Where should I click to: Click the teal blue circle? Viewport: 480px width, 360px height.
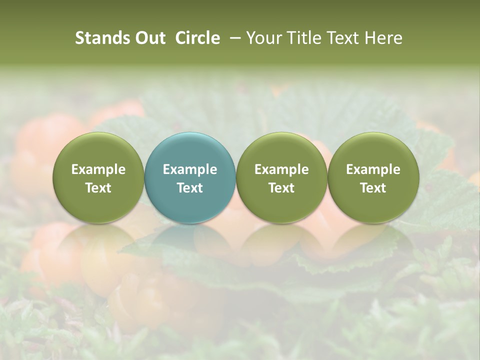tap(190, 177)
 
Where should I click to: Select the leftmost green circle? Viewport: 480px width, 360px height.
tap(98, 177)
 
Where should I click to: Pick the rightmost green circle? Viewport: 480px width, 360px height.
tap(373, 177)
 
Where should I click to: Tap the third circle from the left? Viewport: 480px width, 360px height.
tap(281, 177)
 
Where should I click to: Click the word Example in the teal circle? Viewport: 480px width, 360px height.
tap(190, 169)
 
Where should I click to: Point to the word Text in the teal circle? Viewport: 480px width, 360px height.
tap(190, 188)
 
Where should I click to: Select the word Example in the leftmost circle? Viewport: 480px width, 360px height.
tap(98, 169)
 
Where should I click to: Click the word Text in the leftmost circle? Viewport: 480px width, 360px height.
tap(98, 188)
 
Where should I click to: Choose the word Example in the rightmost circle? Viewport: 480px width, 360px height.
tap(373, 169)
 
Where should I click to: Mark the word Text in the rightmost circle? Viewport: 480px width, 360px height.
tap(373, 188)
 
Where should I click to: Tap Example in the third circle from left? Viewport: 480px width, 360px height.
tap(281, 169)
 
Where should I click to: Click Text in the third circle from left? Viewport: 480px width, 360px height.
tap(281, 188)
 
